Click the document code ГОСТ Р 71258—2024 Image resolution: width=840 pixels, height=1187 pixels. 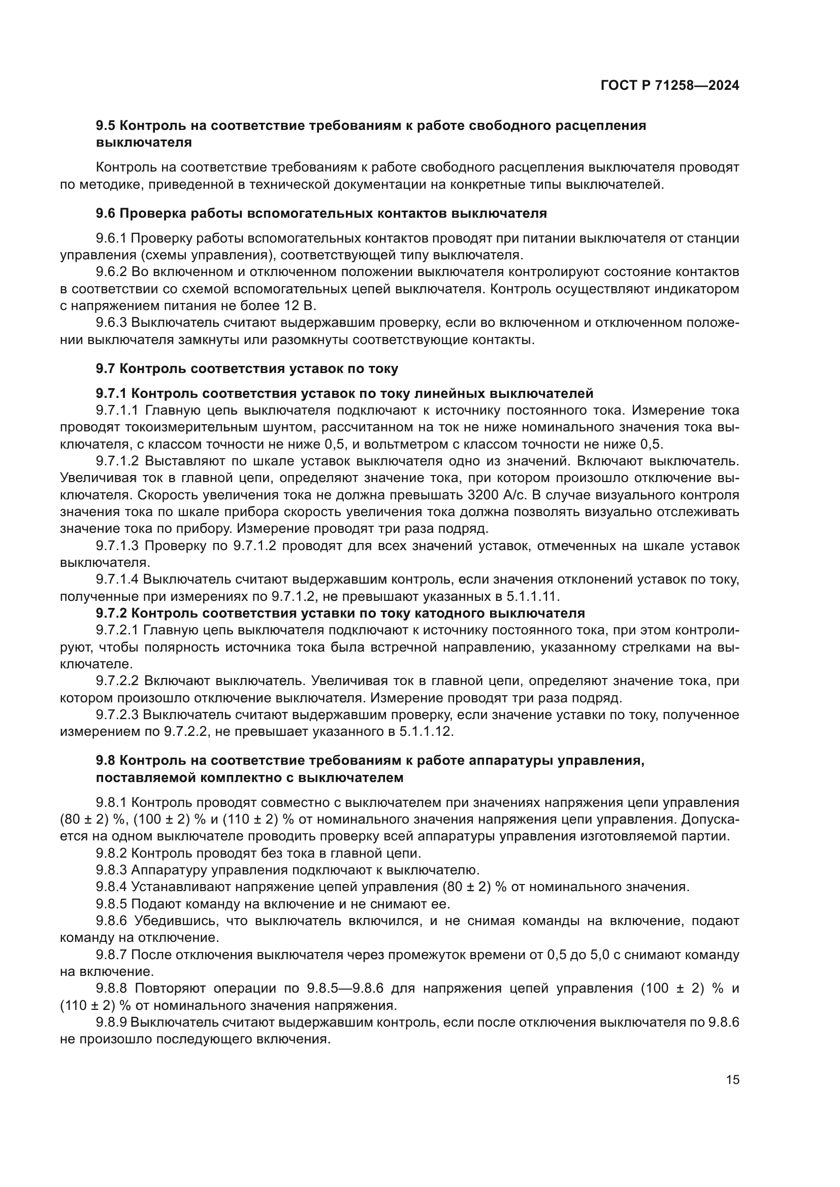pos(670,86)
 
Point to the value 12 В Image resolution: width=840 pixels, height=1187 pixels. pos(299,306)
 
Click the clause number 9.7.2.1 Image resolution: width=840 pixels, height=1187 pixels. pos(117,630)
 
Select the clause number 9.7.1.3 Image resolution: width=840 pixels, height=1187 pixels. pos(118,546)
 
